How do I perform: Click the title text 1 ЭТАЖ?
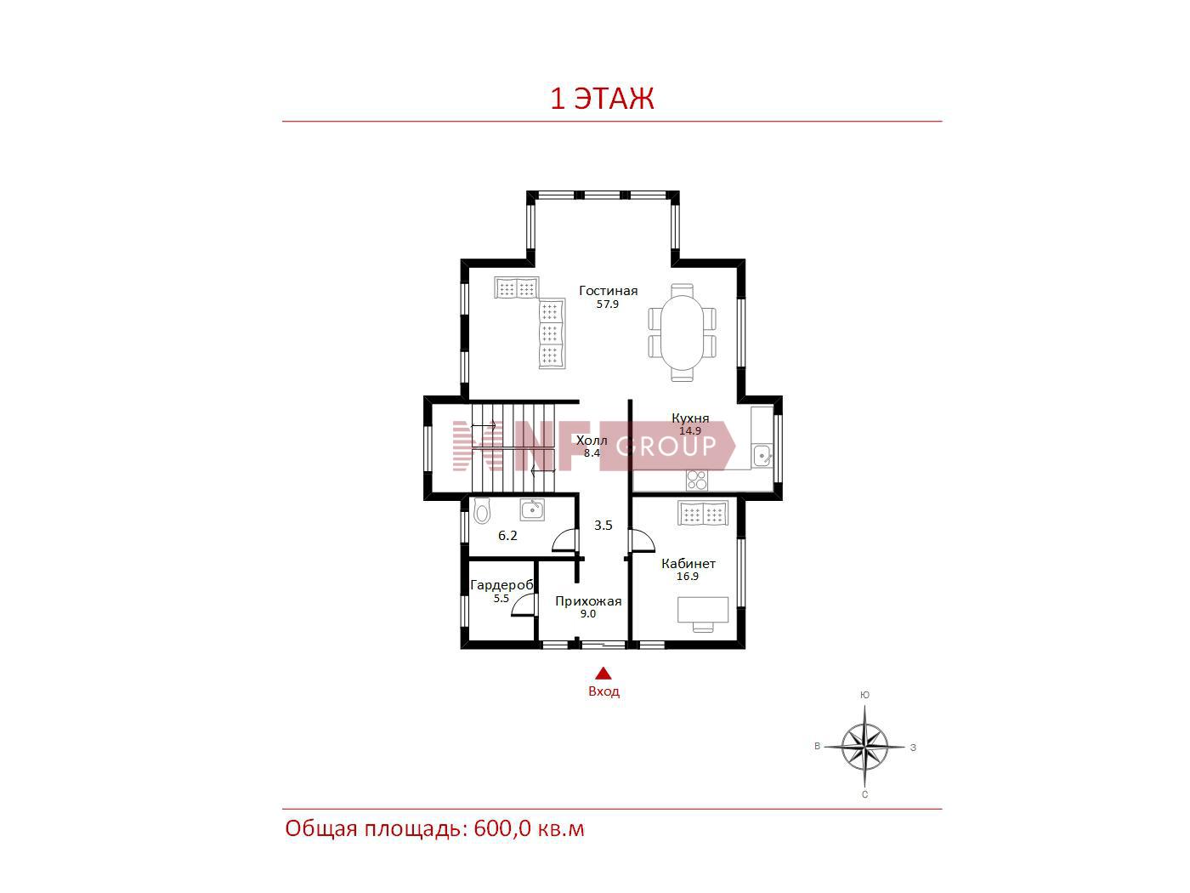602,99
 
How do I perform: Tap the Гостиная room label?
608,291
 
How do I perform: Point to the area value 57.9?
607,304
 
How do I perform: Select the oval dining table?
682,333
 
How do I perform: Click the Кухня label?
689,418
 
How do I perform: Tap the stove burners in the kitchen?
697,481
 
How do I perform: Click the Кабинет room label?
688,563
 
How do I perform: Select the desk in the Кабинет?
702,610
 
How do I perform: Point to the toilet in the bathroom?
481,510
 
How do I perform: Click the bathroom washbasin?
532,509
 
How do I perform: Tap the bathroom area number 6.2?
507,536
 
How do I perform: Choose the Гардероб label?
501,585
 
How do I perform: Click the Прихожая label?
588,601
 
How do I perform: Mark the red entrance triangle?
603,674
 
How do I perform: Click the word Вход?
603,691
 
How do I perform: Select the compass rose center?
864,747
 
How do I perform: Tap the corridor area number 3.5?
603,525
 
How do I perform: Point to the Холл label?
592,440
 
